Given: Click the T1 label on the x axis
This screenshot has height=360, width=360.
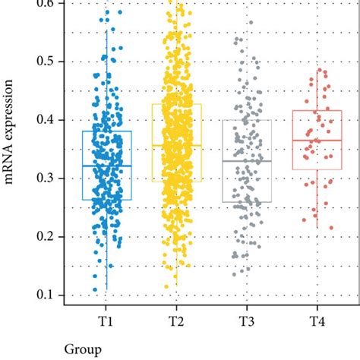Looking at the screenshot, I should tap(106, 321).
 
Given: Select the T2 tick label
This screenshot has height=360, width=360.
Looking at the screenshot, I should tap(176, 321).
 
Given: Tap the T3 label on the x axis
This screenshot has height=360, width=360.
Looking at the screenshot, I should tap(247, 321).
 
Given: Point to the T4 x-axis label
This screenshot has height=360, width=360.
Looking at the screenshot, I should tap(317, 321).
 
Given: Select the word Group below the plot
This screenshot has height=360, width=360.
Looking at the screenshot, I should tap(81, 350).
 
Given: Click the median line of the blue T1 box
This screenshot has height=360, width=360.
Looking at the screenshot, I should tap(106, 166).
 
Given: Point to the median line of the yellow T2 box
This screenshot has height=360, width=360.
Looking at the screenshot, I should tap(176, 145).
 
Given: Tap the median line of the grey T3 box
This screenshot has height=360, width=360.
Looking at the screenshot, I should tap(247, 161).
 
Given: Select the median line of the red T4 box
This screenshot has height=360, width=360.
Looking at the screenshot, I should tap(317, 141).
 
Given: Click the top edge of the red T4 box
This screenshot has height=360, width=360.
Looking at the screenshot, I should tap(317, 111).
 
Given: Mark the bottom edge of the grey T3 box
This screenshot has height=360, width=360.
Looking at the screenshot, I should tap(247, 202).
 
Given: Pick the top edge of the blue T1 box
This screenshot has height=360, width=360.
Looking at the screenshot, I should tap(106, 131).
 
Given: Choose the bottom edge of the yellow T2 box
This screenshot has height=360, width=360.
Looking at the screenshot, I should tap(176, 181).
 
